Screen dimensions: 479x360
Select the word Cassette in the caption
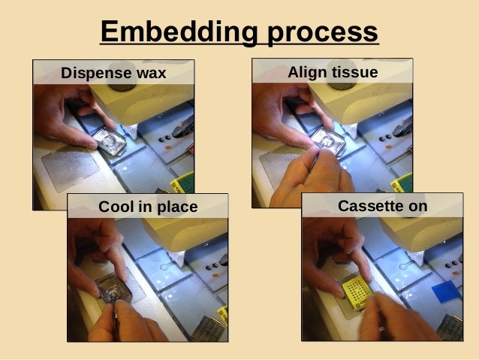(367, 205)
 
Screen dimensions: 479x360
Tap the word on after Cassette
(416, 205)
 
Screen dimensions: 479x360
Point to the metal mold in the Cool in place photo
(114, 289)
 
